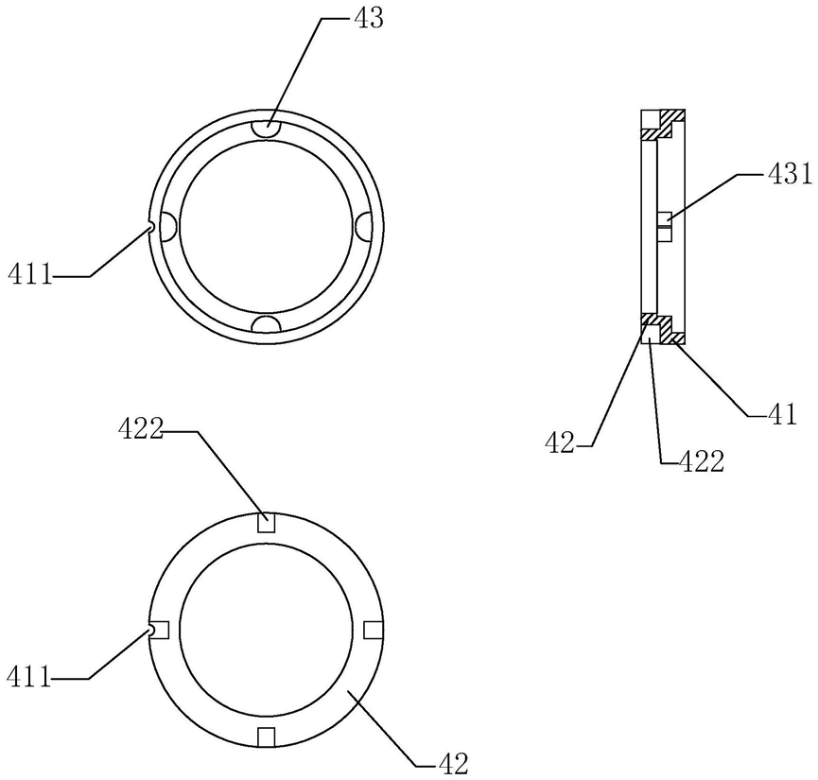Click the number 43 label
pos(369,18)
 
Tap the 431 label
pos(790,174)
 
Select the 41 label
pos(782,414)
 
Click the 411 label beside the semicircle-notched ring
pos(30,274)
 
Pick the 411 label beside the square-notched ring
pos(29,677)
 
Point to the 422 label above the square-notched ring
pos(141,430)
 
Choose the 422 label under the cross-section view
pos(701,461)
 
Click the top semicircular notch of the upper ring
pos(267,129)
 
